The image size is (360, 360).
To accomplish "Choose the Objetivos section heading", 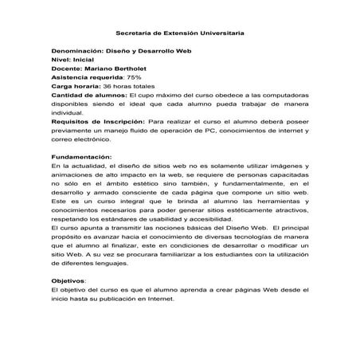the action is click(68, 281).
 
